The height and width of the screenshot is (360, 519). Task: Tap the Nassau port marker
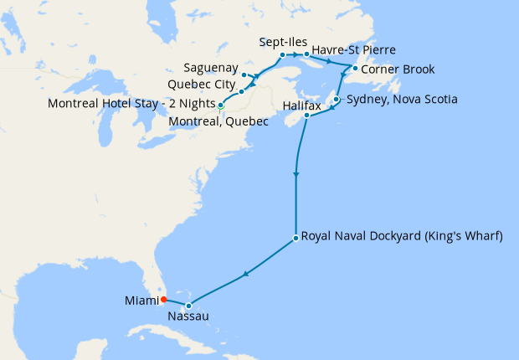tap(189, 306)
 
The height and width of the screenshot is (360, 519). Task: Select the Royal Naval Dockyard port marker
tap(295, 239)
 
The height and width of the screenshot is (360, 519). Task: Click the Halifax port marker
tap(306, 116)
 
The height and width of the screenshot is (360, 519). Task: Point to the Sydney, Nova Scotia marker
tap(336, 100)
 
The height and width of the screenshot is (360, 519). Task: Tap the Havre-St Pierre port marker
tap(307, 55)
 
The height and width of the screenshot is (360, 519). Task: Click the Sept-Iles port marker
tap(282, 55)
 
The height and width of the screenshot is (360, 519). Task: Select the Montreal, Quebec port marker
tap(220, 106)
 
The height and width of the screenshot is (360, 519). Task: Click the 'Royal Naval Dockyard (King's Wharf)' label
tap(402, 237)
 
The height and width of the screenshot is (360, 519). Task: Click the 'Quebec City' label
tap(201, 85)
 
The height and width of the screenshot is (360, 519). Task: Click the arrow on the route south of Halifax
tap(295, 175)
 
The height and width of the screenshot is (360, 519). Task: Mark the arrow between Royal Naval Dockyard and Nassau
tap(244, 274)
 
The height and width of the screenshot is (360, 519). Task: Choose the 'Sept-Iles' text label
tap(281, 43)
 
